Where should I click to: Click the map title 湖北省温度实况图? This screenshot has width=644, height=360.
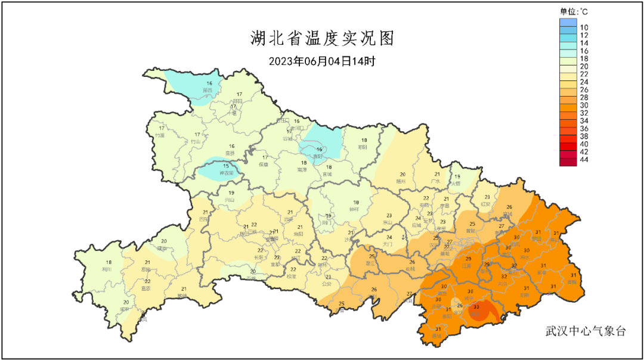(x=322, y=39)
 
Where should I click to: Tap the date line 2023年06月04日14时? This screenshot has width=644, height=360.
(x=322, y=61)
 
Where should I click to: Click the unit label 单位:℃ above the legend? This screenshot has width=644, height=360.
(x=574, y=11)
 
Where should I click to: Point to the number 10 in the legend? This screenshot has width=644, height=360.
(x=584, y=27)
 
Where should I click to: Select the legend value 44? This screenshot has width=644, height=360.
(x=584, y=160)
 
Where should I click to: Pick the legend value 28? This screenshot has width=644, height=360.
(x=584, y=98)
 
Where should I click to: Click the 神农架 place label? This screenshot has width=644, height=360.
(x=225, y=173)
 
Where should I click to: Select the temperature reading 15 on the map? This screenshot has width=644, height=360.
(x=226, y=166)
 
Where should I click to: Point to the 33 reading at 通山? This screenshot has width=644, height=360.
(x=475, y=308)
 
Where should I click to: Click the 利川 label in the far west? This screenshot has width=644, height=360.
(x=108, y=269)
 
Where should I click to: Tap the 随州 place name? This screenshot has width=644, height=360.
(x=401, y=181)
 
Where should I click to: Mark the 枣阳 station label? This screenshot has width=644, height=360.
(x=362, y=147)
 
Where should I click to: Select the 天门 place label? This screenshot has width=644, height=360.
(x=388, y=244)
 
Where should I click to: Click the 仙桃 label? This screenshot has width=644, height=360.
(x=411, y=269)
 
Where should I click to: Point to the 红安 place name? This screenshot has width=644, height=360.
(x=486, y=204)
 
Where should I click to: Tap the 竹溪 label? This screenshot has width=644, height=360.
(x=160, y=135)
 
